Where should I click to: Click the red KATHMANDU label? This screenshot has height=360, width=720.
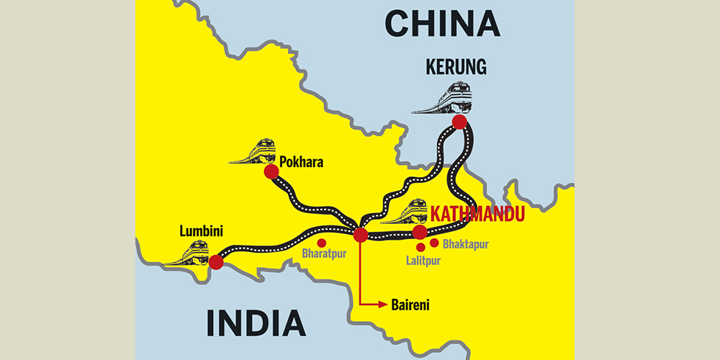pyautogui.click(x=476, y=215)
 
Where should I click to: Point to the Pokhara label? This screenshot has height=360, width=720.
pyautogui.click(x=302, y=163)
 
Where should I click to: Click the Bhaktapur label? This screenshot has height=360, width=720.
pyautogui.click(x=466, y=244)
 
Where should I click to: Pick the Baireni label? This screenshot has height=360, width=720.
pyautogui.click(x=410, y=305)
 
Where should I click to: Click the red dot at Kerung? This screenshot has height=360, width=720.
pyautogui.click(x=459, y=122)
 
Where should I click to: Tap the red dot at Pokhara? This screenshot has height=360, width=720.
pyautogui.click(x=271, y=171)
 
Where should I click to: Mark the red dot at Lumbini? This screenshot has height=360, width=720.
pyautogui.click(x=215, y=261)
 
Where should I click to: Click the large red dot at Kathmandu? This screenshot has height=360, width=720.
pyautogui.click(x=420, y=232)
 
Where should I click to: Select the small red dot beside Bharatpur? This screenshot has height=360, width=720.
pyautogui.click(x=322, y=243)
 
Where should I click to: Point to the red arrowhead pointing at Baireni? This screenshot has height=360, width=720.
pyautogui.click(x=381, y=305)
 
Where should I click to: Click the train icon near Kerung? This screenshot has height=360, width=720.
pyautogui.click(x=443, y=99)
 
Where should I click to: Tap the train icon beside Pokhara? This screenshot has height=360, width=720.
pyautogui.click(x=253, y=151)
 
